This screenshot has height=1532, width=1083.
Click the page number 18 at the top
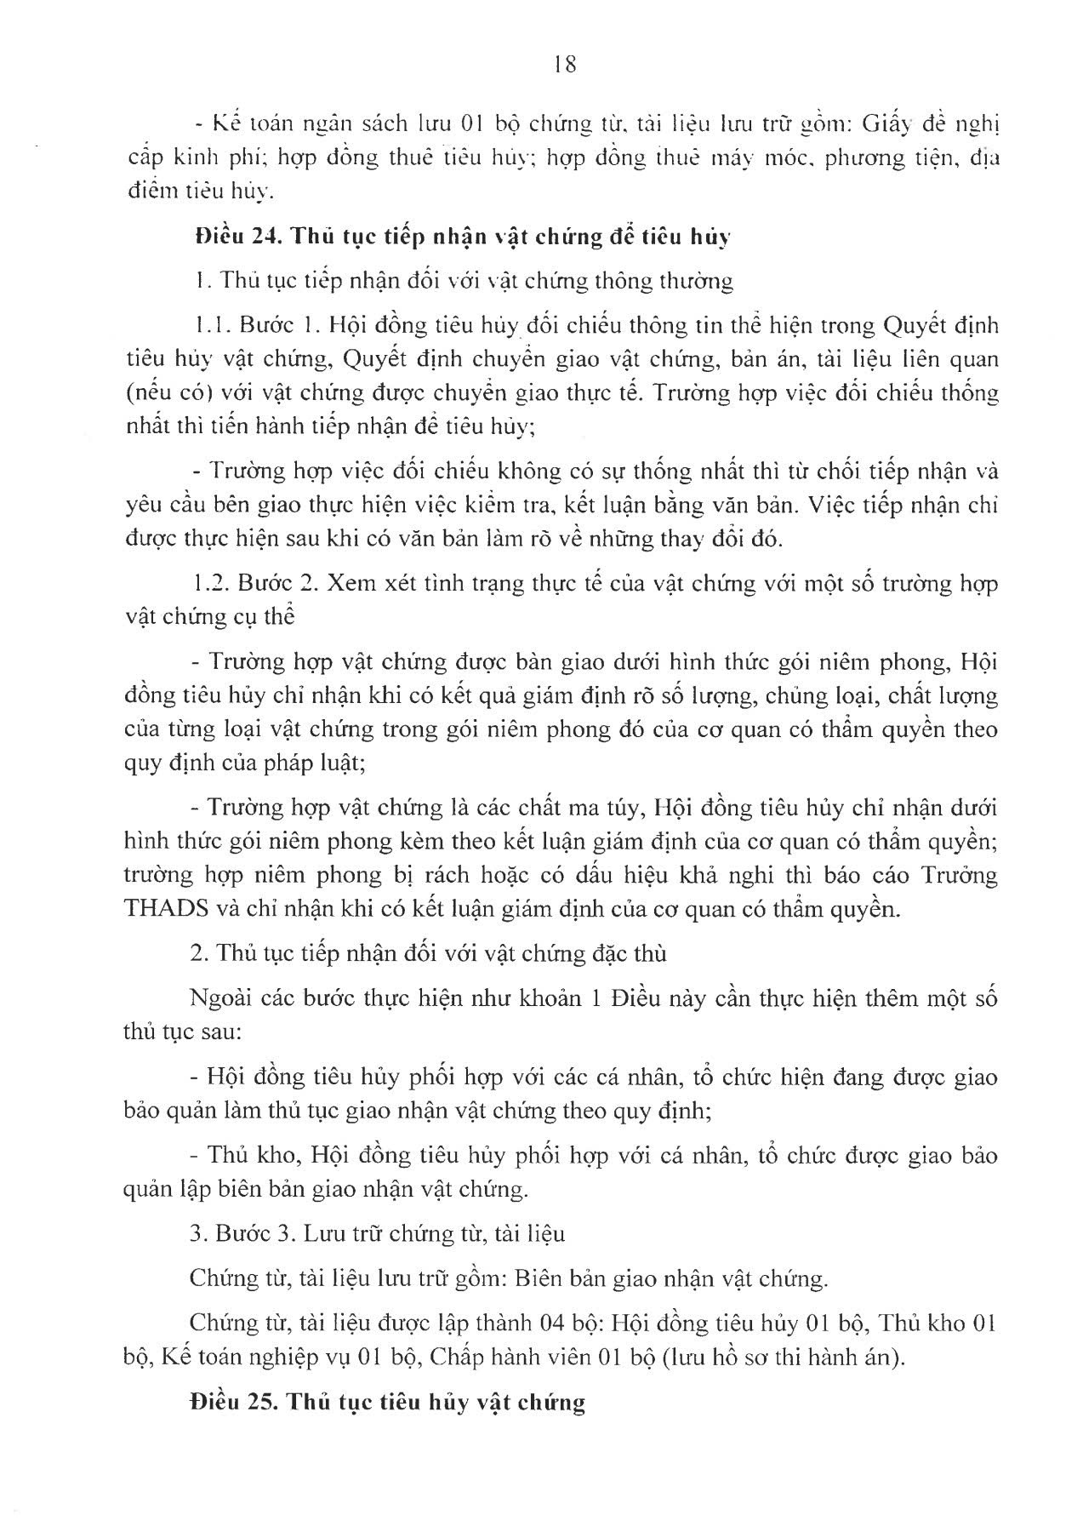[x=564, y=65]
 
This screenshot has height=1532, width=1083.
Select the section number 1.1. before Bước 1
[x=209, y=325]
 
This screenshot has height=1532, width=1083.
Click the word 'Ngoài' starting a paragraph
[x=219, y=998]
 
